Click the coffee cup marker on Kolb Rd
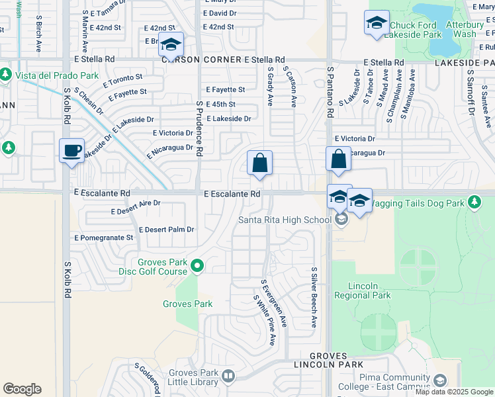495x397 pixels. pos(71,150)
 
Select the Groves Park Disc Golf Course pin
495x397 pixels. pos(197,267)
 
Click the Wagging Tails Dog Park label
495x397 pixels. pos(418,203)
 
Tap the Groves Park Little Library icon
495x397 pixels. pos(228,376)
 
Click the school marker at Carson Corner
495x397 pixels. pos(170,45)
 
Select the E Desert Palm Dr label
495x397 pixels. pos(166,230)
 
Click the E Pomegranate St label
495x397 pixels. pos(104,237)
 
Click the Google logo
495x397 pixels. pos(22,389)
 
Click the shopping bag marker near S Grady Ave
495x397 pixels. pos(260,163)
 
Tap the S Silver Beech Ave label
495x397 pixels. pos(314,298)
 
